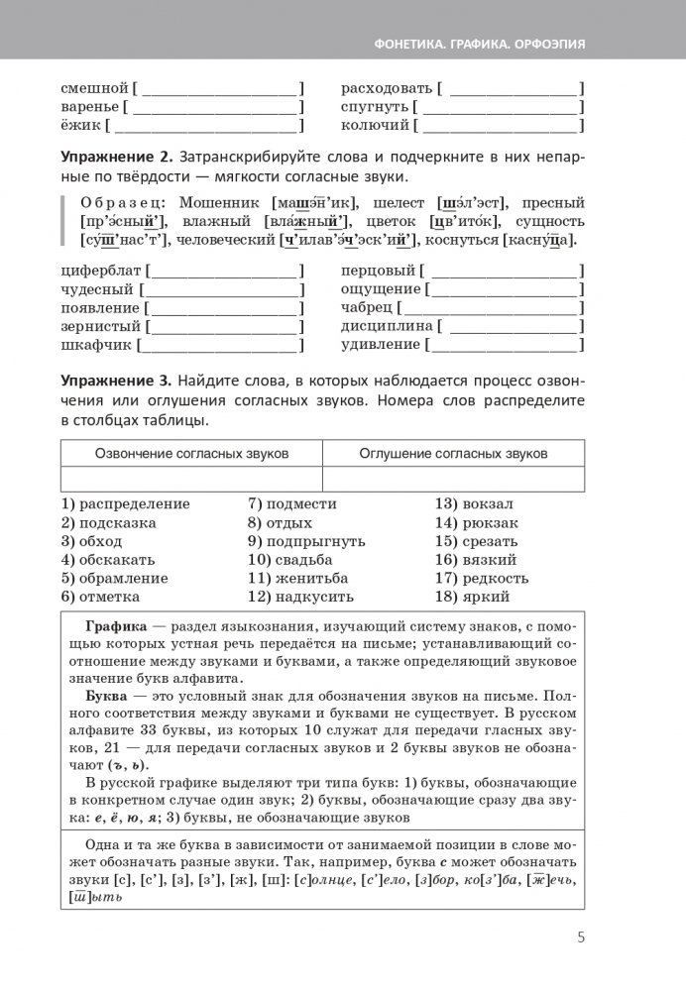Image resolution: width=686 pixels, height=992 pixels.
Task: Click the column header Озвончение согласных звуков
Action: pyautogui.click(x=191, y=453)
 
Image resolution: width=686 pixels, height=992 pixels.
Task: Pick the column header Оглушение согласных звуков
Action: pyautogui.click(x=454, y=453)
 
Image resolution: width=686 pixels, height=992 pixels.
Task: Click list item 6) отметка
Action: pyautogui.click(x=100, y=597)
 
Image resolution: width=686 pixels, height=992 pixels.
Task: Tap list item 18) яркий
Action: pyautogui.click(x=472, y=597)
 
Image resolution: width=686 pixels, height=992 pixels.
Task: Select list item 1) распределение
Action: pyautogui.click(x=125, y=503)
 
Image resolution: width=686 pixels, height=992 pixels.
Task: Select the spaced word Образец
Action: pyautogui.click(x=117, y=202)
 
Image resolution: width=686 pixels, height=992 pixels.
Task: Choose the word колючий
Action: pyautogui.click(x=375, y=126)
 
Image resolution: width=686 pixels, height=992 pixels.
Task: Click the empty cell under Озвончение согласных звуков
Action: pyautogui.click(x=191, y=479)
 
